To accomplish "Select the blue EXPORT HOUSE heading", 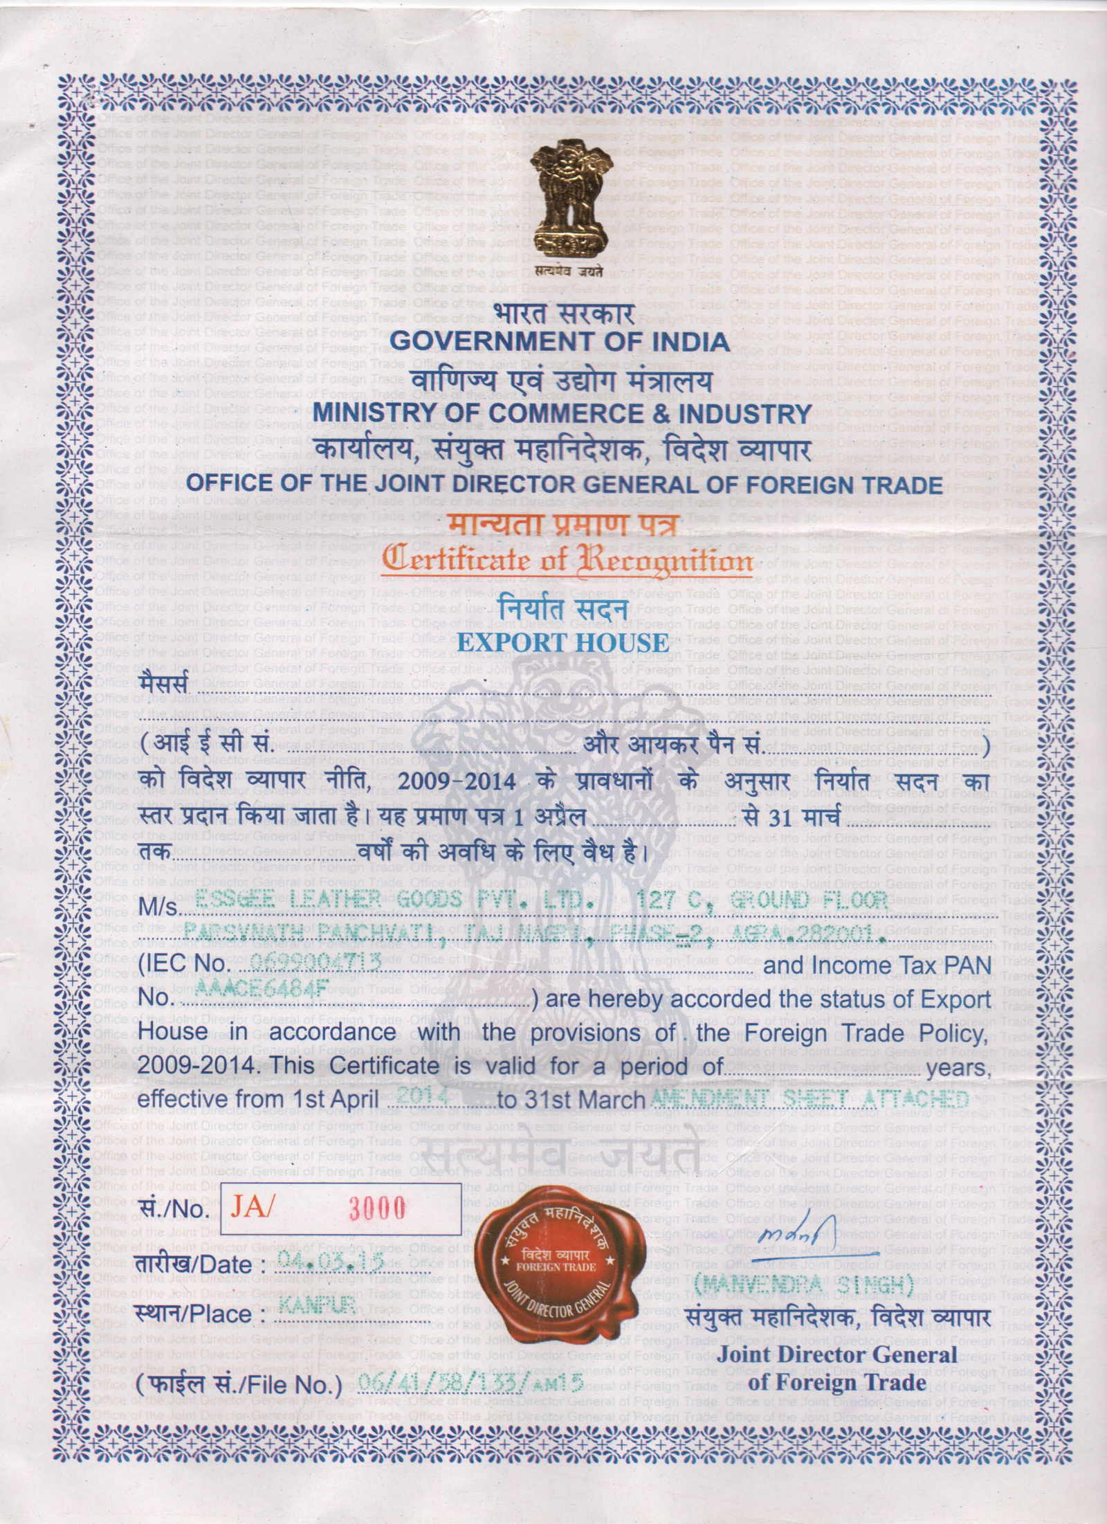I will click(x=563, y=642).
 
